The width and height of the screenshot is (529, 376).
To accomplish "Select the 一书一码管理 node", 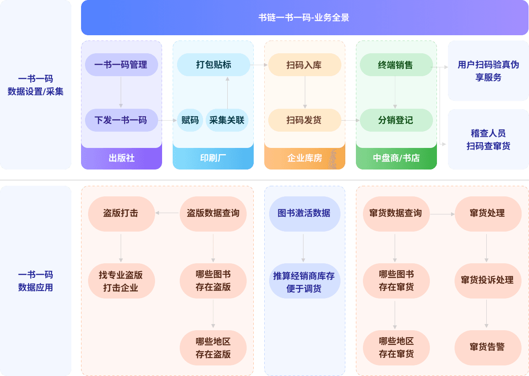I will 121,65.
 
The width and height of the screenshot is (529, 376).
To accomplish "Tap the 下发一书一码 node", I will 121,120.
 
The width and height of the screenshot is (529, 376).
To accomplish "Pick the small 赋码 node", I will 190,120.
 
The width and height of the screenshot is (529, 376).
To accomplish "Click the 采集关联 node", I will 227,120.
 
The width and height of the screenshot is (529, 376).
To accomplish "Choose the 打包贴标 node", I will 214,65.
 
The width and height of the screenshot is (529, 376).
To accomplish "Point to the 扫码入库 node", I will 304,65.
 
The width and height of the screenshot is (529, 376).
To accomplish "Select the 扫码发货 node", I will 304,120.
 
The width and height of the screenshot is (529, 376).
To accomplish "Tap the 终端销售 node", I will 396,65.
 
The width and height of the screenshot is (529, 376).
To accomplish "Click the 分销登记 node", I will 396,120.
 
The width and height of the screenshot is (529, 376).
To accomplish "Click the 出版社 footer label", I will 122,158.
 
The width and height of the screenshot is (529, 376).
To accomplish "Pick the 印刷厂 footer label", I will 213,158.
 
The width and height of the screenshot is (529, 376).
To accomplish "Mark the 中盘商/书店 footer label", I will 396,158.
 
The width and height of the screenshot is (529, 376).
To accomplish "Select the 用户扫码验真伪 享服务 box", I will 488,71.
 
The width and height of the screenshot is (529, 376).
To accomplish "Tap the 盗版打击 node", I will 121,213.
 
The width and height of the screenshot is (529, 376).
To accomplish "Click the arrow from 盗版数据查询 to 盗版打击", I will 167,213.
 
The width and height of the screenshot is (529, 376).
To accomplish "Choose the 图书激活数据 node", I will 304,213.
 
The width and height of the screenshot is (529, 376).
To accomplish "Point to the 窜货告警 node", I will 487,347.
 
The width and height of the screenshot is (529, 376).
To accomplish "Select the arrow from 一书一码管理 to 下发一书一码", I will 121,92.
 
